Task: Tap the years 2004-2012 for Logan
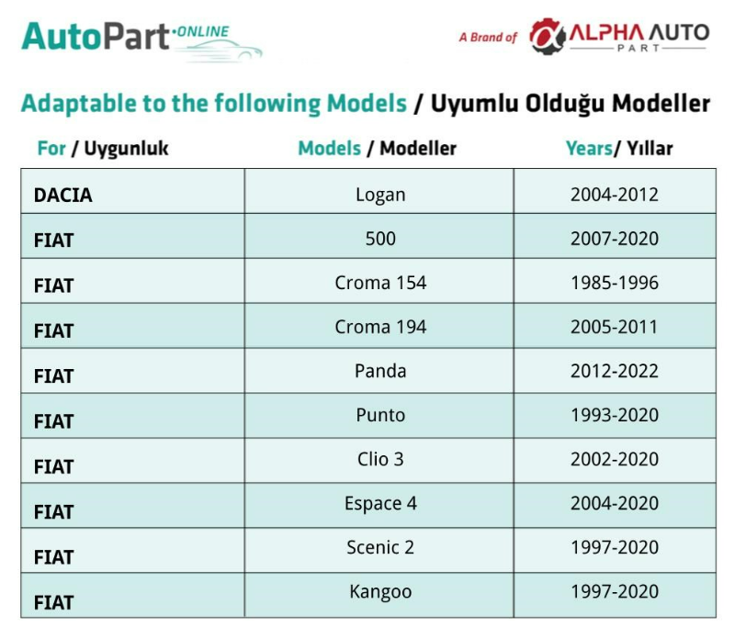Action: pos(615,195)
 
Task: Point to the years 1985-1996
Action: pos(615,283)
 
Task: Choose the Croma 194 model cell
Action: pos(380,327)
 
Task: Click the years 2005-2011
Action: pos(614,327)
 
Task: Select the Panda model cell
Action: pos(380,371)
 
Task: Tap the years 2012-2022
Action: pos(615,371)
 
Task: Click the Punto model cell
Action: pos(380,415)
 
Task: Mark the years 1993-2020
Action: pos(615,415)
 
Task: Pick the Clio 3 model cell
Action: pos(380,459)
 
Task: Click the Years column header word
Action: pos(589,149)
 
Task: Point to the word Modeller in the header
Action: pos(418,149)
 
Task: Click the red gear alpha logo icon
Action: pos(548,36)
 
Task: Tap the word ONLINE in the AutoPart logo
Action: pos(202,32)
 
